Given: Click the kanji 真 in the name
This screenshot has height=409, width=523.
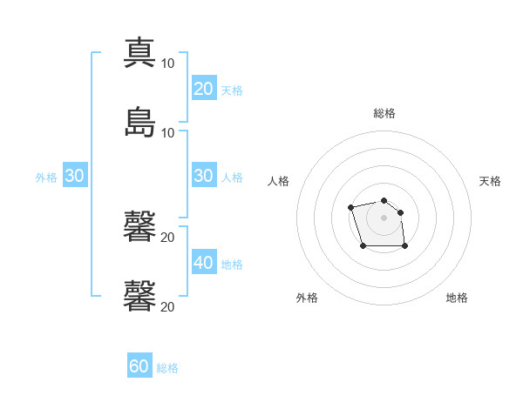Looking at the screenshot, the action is [x=139, y=52].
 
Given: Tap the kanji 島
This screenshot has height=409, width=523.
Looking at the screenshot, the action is [x=139, y=122].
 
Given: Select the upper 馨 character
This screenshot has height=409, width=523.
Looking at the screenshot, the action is [x=139, y=226].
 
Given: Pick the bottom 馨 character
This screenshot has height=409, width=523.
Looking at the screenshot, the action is [x=139, y=296].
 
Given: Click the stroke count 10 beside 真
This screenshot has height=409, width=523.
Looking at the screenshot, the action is [x=167, y=64].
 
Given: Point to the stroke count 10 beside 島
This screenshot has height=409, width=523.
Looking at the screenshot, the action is [x=167, y=133].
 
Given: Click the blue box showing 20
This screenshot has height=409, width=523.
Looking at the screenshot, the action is [x=204, y=88].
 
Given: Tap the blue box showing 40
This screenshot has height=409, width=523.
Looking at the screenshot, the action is [x=204, y=261].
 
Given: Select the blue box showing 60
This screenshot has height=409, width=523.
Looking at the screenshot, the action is [x=139, y=365].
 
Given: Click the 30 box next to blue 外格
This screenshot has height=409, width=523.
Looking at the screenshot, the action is [x=75, y=175].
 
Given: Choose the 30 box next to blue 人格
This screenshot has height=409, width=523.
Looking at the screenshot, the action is [x=204, y=175].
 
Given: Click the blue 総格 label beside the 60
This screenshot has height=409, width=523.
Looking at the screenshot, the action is [x=167, y=368].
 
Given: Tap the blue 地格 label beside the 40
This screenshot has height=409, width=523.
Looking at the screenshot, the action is [x=232, y=265].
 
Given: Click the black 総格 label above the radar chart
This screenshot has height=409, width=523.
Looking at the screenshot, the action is [x=384, y=113].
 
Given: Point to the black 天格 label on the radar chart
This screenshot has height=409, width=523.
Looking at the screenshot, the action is [x=490, y=181].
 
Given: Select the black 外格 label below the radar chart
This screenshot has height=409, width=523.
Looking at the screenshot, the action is [x=307, y=298].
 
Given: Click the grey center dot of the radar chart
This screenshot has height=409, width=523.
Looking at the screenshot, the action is [x=384, y=218].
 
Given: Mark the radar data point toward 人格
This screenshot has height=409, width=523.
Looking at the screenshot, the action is [x=350, y=207].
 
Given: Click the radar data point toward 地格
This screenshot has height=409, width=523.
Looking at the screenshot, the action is [x=404, y=246].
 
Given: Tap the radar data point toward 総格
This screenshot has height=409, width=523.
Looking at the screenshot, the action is [x=384, y=200].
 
